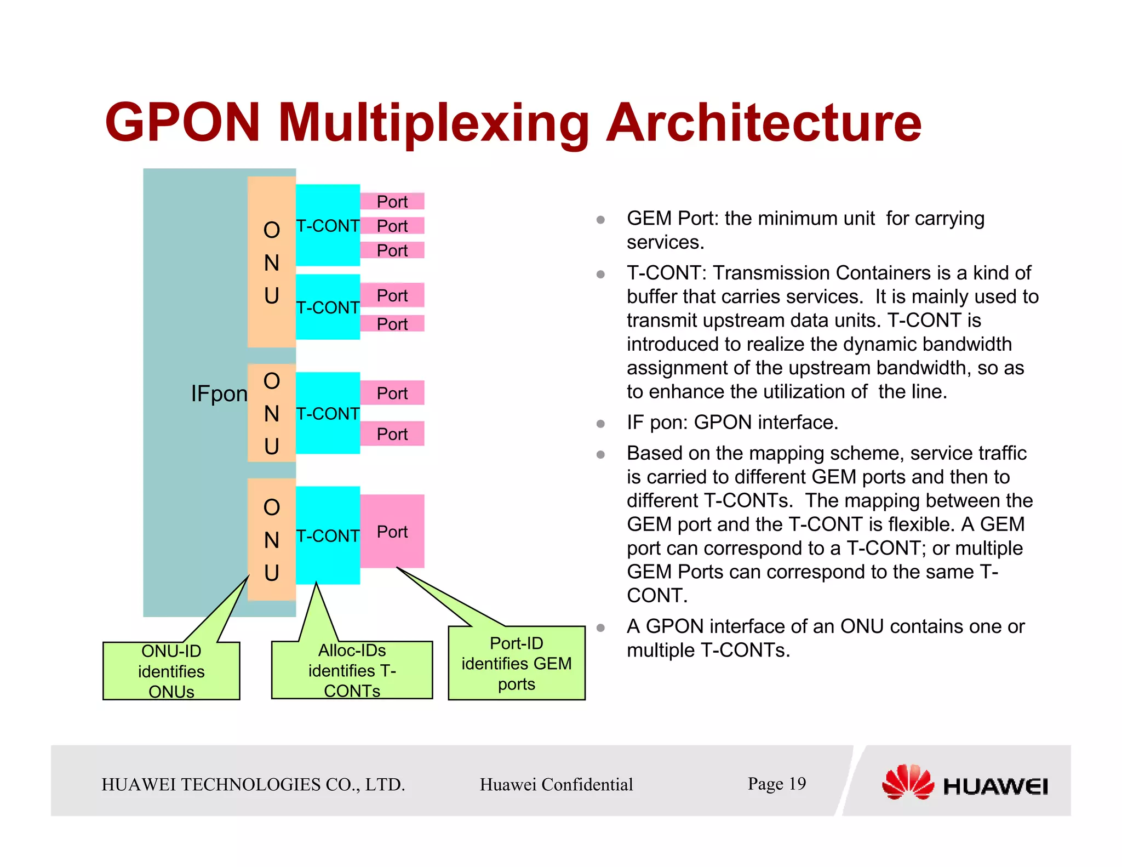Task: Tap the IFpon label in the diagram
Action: pyautogui.click(x=219, y=393)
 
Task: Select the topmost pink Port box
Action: pyautogui.click(x=392, y=201)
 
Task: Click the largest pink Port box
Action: pyautogui.click(x=392, y=531)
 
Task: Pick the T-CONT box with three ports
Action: pyautogui.click(x=328, y=225)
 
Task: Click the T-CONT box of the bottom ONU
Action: pyautogui.click(x=328, y=535)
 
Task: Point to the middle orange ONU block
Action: pyautogui.click(x=272, y=413)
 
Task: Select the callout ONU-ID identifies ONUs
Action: pyautogui.click(x=171, y=671)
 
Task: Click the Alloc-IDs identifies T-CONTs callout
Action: pyautogui.click(x=352, y=670)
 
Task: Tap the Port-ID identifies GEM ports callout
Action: pyautogui.click(x=517, y=663)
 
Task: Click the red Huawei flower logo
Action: pyautogui.click(x=908, y=782)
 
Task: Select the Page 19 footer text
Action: pyautogui.click(x=776, y=784)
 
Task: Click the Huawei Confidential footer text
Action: pyautogui.click(x=556, y=784)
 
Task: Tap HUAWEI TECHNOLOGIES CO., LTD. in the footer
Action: pyautogui.click(x=253, y=784)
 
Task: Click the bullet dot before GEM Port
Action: pyautogui.click(x=600, y=220)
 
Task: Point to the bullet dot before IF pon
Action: pyautogui.click(x=600, y=424)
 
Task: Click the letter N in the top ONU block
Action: pyautogui.click(x=272, y=263)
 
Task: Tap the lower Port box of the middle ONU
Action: pyautogui.click(x=392, y=433)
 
